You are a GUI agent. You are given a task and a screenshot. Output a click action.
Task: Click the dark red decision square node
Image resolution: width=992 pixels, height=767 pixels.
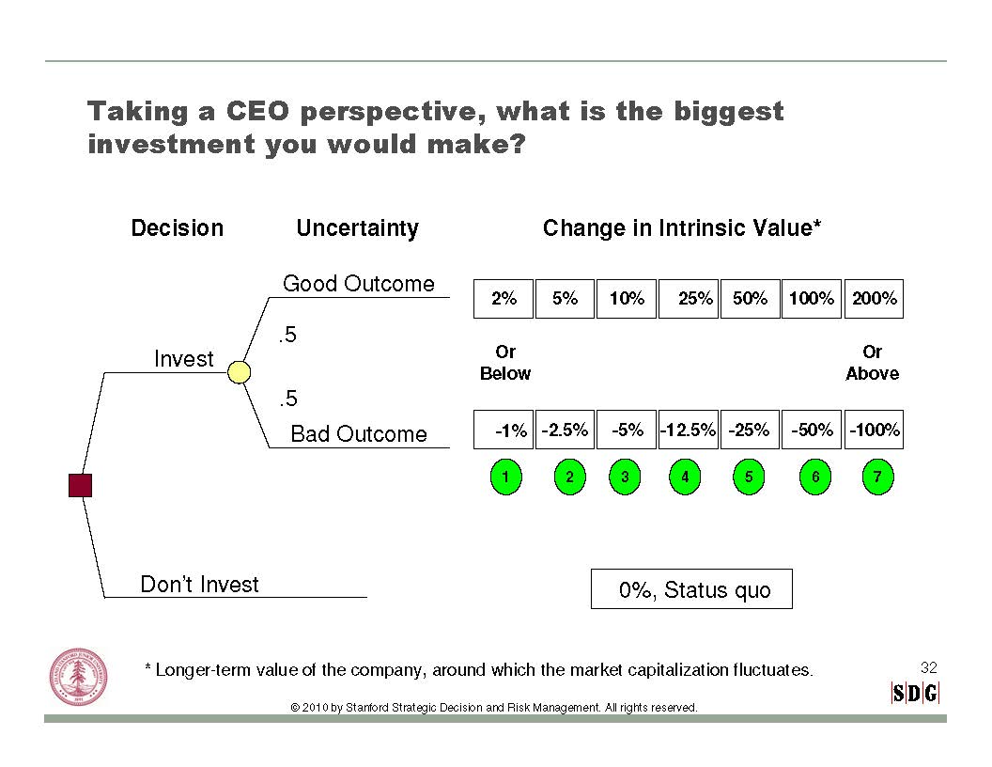click(81, 485)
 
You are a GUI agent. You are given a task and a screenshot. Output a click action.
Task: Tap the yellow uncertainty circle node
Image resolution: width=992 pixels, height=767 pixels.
click(239, 372)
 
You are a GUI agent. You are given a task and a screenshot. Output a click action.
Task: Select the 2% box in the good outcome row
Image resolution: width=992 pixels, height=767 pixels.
click(504, 299)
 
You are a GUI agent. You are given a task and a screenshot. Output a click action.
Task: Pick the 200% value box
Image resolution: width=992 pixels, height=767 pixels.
click(874, 299)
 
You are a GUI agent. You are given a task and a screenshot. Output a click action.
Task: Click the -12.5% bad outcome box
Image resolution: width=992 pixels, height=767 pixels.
click(689, 430)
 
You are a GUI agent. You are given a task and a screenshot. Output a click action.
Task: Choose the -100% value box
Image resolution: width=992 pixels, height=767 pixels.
click(874, 430)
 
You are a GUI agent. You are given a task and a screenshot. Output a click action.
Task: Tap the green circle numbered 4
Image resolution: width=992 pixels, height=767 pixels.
click(685, 477)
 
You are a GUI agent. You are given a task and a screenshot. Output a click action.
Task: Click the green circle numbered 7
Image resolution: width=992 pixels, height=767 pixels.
click(878, 477)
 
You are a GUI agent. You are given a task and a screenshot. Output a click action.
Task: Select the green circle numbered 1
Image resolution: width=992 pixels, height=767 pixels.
click(506, 477)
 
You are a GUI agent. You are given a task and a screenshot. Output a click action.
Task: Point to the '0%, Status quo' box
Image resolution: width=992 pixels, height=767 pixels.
click(691, 589)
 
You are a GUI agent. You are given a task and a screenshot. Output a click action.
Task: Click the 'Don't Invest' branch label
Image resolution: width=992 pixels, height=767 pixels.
click(199, 584)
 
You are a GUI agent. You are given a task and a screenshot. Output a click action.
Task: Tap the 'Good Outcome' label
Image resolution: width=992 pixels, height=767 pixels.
click(359, 284)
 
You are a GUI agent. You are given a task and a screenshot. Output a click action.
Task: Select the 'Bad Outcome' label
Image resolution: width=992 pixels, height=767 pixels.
click(359, 434)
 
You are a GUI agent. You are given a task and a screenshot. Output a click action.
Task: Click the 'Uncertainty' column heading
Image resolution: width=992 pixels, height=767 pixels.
click(358, 228)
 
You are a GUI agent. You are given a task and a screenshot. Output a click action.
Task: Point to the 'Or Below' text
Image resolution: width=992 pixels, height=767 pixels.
click(504, 363)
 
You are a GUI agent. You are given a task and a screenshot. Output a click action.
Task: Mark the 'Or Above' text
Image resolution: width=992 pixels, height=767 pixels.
click(873, 363)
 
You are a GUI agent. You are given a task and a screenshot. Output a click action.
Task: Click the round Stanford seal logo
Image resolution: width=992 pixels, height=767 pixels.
click(79, 677)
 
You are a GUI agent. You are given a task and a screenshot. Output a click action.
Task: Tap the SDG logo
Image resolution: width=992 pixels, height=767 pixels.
click(915, 694)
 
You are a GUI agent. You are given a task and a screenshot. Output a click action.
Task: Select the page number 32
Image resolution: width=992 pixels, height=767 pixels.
click(929, 667)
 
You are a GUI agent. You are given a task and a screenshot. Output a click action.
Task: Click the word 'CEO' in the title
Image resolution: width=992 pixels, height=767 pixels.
click(258, 112)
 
